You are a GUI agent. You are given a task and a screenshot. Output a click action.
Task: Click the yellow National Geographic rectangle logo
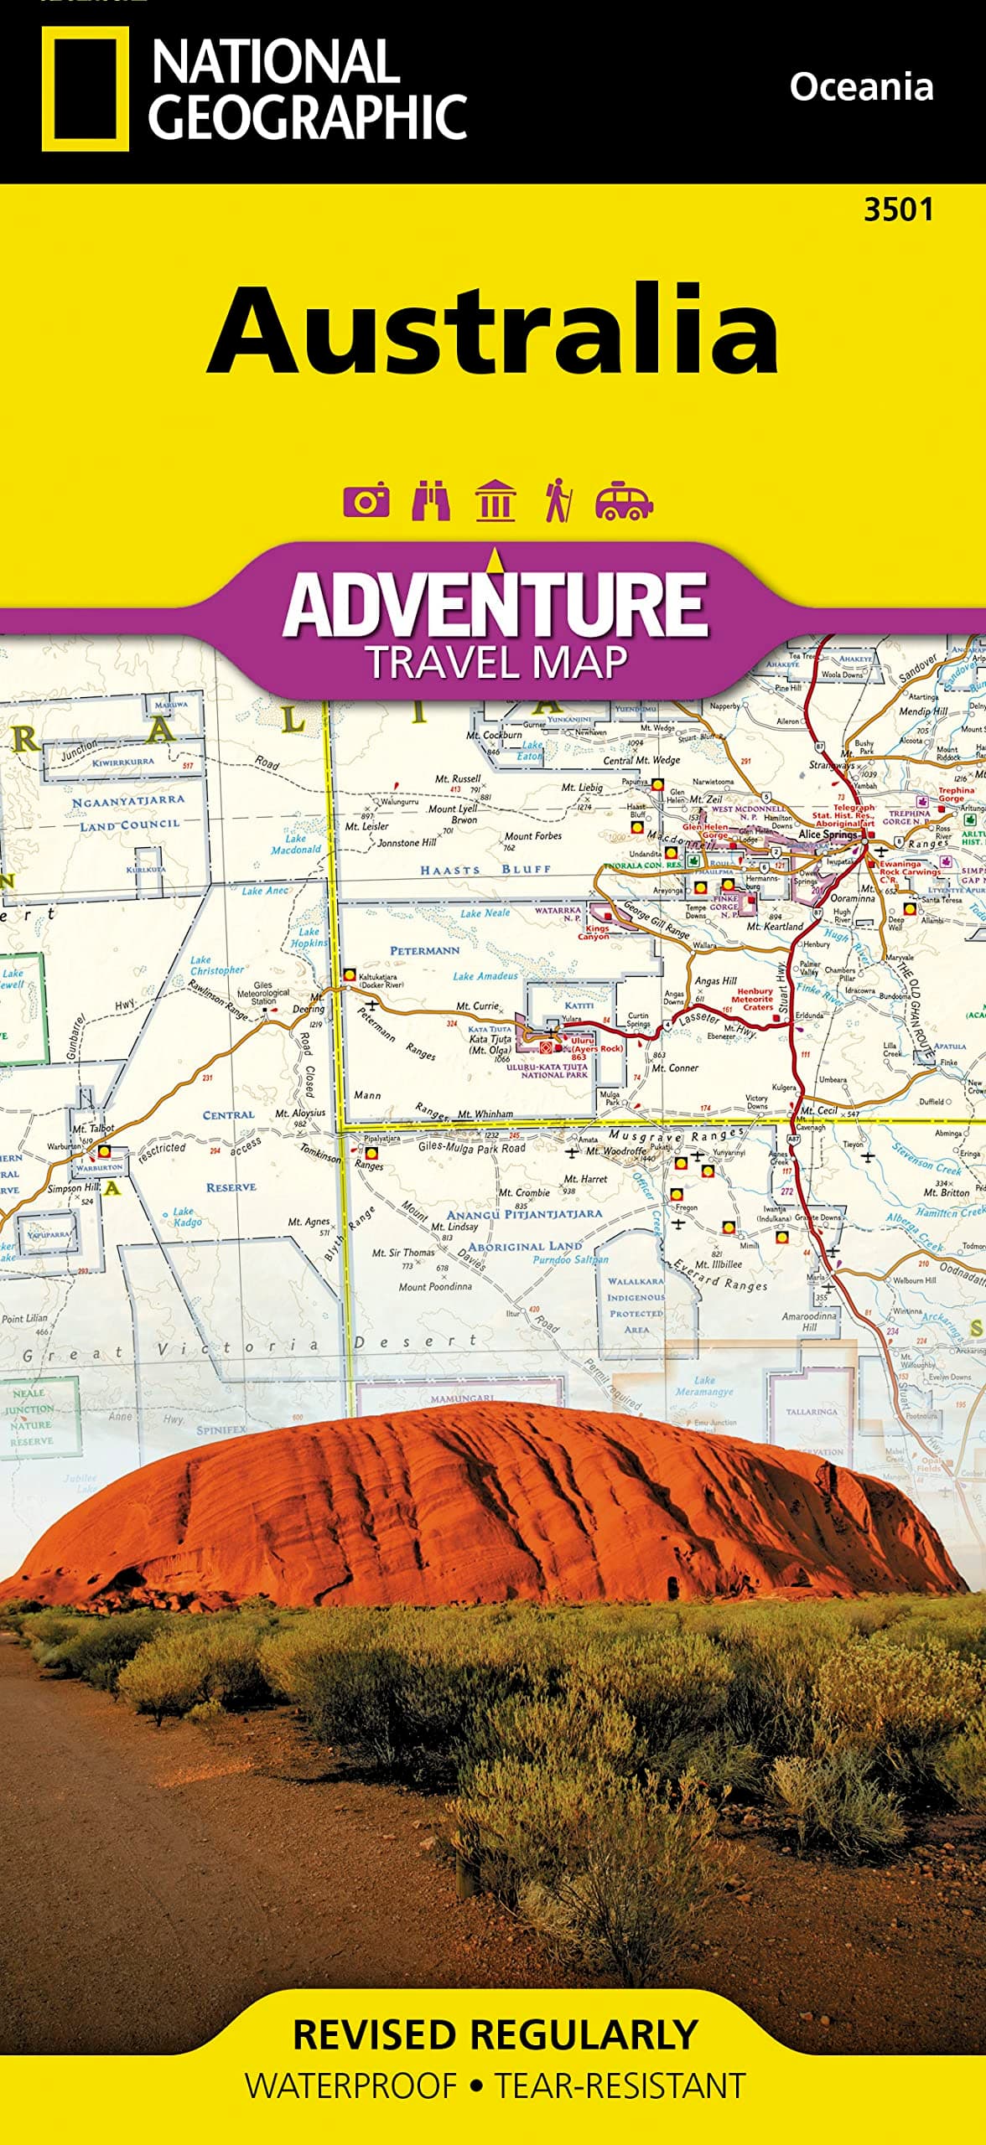point(85,88)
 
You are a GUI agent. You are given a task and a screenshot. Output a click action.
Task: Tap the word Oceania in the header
point(861,87)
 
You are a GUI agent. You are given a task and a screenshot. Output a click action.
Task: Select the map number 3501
point(898,209)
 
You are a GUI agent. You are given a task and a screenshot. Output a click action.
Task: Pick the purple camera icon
point(366,501)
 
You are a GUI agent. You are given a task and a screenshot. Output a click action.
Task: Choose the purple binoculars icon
point(431,501)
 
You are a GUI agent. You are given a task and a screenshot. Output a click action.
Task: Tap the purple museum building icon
point(495,501)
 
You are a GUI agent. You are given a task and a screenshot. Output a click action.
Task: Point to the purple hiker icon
point(558,501)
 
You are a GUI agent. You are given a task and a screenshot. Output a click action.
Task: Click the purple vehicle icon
point(623,501)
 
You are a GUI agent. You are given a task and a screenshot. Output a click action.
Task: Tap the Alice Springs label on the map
point(828,835)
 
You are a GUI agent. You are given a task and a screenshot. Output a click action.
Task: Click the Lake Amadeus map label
point(486,976)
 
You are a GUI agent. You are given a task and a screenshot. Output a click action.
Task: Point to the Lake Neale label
point(485,912)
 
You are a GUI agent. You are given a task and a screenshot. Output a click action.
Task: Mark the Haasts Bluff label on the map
point(485,870)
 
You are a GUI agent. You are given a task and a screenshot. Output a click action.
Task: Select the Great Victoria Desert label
point(249,1347)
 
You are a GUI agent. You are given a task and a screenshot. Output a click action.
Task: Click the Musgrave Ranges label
point(676,1135)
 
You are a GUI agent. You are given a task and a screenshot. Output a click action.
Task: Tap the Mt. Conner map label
point(675,1067)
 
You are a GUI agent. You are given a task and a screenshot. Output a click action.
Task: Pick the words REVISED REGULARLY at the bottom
point(495,2034)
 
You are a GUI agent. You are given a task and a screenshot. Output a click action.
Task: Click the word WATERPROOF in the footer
point(350,2086)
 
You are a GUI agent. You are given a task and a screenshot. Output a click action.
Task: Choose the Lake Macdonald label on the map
point(295,844)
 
